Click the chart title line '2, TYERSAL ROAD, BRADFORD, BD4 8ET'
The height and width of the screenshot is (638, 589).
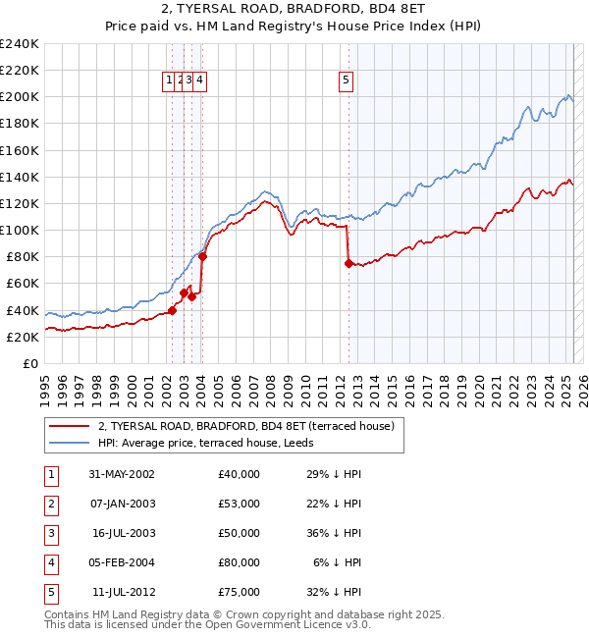[294, 9]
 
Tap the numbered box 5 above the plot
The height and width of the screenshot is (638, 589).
[348, 81]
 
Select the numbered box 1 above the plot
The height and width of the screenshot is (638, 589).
[170, 81]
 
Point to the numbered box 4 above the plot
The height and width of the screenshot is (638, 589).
[199, 81]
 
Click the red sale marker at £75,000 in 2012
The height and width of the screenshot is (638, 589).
[348, 263]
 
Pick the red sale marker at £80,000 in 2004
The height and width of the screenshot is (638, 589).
[202, 257]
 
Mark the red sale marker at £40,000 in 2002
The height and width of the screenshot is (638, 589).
[172, 310]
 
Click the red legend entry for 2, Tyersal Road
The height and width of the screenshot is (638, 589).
[245, 426]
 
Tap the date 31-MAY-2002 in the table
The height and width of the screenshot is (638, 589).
[122, 474]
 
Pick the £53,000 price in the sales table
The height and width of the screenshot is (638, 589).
[240, 504]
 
